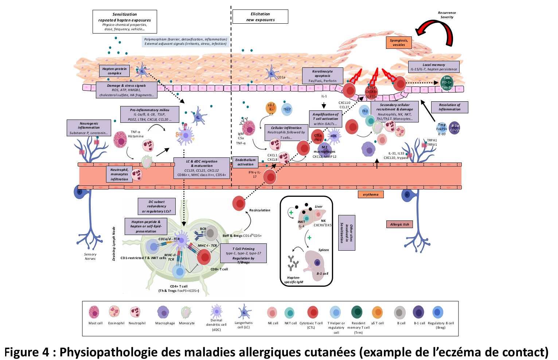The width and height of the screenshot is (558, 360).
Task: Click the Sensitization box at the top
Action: click(x=125, y=21)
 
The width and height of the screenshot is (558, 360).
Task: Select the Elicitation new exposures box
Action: click(x=260, y=17)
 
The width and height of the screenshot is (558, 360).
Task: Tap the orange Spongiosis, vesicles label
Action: click(x=399, y=43)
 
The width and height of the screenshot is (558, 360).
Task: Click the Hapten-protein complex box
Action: click(x=114, y=71)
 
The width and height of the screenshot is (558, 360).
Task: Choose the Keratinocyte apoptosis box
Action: click(x=323, y=76)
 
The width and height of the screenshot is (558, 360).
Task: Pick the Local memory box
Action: click(x=433, y=67)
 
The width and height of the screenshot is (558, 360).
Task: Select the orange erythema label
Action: click(x=370, y=195)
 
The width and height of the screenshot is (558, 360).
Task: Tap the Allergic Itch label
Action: click(x=399, y=224)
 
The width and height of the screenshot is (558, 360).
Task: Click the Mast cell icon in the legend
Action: click(x=94, y=312)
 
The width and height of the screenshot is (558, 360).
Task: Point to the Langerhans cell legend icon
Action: click(x=244, y=312)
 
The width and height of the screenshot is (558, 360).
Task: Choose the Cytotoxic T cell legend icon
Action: click(x=313, y=312)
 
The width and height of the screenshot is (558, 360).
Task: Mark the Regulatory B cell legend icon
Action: click(x=438, y=312)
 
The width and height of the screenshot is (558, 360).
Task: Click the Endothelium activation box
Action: click(x=245, y=162)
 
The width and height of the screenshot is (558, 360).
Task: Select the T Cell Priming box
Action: click(x=243, y=254)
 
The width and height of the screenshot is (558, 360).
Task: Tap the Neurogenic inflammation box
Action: click(x=89, y=128)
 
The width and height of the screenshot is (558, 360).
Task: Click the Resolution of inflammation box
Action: click(x=449, y=107)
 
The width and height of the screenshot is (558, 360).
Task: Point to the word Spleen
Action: click(x=323, y=250)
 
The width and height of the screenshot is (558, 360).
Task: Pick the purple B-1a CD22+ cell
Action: click(x=454, y=128)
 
